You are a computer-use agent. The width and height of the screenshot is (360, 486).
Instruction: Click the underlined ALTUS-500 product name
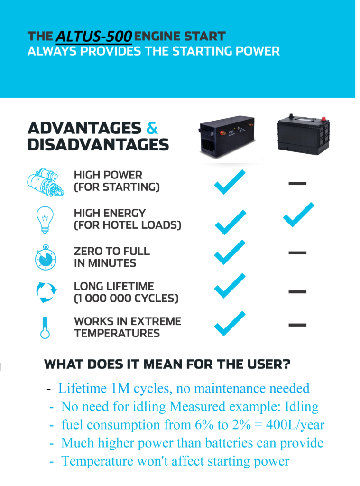pyautogui.click(x=94, y=37)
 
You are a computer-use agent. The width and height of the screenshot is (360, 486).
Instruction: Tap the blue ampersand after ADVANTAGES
pyautogui.click(x=152, y=128)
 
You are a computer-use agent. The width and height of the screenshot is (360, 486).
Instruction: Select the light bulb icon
pyautogui.click(x=45, y=219)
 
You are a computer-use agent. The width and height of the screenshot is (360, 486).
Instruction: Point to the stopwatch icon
pyautogui.click(x=46, y=257)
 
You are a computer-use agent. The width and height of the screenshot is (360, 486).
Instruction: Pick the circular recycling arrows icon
pyautogui.click(x=46, y=292)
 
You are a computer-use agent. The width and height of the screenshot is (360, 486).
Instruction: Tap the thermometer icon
pyautogui.click(x=45, y=327)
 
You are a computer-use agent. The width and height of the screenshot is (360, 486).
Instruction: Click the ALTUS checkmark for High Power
pyautogui.click(x=230, y=182)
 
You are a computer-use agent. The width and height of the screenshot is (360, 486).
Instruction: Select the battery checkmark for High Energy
pyautogui.click(x=299, y=215)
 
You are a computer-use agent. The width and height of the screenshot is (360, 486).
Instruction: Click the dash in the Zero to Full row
pyautogui.click(x=297, y=253)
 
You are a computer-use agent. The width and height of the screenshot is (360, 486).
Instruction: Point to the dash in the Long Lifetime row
pyautogui.click(x=297, y=292)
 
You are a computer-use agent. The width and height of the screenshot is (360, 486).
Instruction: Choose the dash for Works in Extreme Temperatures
pyautogui.click(x=297, y=325)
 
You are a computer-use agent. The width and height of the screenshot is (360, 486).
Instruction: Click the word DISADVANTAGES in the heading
pyautogui.click(x=98, y=145)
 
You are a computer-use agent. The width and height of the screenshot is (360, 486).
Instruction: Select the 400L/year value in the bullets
pyautogui.click(x=295, y=425)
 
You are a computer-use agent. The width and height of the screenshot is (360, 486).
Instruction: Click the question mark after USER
pyautogui.click(x=286, y=364)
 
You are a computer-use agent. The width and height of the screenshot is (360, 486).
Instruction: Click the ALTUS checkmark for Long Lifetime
pyautogui.click(x=230, y=286)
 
